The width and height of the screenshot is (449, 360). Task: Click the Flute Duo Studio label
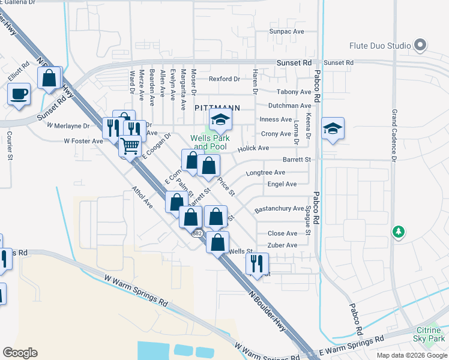coord(380,46)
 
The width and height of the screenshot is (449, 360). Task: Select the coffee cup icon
coord(19,94)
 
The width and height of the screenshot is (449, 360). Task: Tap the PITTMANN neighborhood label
coord(217,108)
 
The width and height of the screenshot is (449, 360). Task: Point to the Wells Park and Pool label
coord(209,142)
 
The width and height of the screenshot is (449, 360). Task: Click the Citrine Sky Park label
coord(429,335)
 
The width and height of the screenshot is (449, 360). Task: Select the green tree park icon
coord(397,232)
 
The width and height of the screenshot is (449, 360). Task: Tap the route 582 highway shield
coord(196,233)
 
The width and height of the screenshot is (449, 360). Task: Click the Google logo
coord(19,353)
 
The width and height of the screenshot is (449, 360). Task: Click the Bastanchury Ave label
coord(279,209)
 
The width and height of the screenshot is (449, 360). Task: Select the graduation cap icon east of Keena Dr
coord(333,129)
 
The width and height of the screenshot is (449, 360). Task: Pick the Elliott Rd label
coord(19,74)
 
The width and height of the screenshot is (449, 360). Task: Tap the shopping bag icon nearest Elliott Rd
coord(49,78)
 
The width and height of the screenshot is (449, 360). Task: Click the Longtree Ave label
coord(265,172)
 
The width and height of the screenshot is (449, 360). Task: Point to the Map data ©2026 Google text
coord(411,355)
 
